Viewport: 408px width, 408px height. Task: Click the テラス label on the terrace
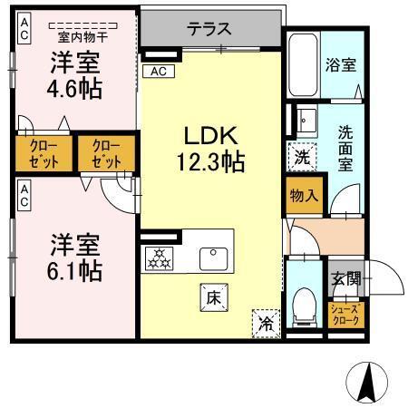click(x=209, y=28)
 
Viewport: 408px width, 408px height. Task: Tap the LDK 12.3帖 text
click(x=210, y=151)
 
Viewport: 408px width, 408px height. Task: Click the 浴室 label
click(x=340, y=66)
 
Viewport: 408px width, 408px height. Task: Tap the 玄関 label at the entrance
click(x=345, y=278)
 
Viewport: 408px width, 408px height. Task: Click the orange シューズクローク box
click(x=345, y=315)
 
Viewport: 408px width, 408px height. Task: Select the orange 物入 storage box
click(x=303, y=194)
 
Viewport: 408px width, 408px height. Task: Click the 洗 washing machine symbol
click(x=302, y=156)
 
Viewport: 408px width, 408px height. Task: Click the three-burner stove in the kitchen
click(x=160, y=259)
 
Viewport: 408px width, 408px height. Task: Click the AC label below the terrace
click(x=159, y=71)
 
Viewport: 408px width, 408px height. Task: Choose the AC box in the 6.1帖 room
click(x=24, y=192)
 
